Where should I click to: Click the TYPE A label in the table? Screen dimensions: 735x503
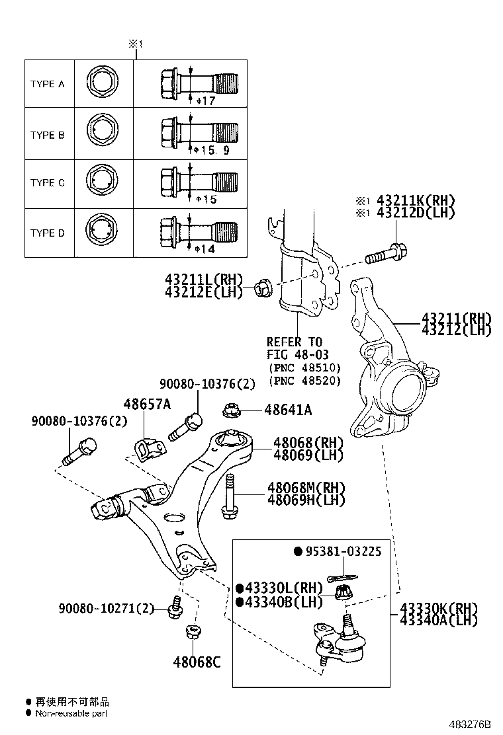point(47,85)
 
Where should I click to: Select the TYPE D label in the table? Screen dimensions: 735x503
point(47,233)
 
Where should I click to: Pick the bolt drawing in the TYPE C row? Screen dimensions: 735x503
point(199,180)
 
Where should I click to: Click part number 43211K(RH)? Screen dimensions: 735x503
point(416,200)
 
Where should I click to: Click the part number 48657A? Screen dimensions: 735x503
point(146,405)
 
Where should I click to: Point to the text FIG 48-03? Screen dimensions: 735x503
point(297,355)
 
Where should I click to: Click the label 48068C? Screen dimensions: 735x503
point(197,660)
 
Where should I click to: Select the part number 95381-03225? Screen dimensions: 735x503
point(342,551)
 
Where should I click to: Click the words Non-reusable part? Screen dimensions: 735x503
point(71,713)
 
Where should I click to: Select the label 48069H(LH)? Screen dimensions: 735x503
point(306,500)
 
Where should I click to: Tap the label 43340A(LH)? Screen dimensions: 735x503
point(439,620)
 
